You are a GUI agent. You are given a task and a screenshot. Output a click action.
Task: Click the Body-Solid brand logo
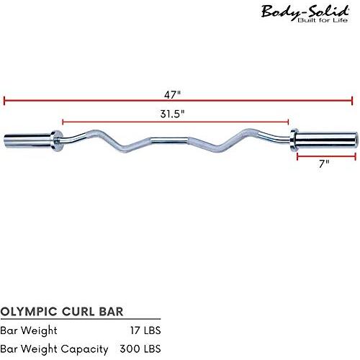pyautogui.click(x=305, y=14)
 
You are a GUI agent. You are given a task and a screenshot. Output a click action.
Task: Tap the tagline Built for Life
pyautogui.click(x=323, y=20)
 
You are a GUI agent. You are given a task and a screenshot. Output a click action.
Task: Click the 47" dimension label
pyautogui.click(x=172, y=95)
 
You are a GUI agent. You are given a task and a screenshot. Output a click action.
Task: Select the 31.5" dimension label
pyautogui.click(x=173, y=114)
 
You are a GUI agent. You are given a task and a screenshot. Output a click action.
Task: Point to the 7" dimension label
pyautogui.click(x=324, y=163)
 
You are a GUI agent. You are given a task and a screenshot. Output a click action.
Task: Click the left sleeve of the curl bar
pyautogui.click(x=27, y=140)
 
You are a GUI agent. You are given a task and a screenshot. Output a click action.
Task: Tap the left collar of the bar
pyautogui.click(x=57, y=141)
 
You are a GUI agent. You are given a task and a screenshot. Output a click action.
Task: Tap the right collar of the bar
pyautogui.click(x=293, y=140)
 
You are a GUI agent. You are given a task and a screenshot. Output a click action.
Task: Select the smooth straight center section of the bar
pyautogui.click(x=169, y=140)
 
